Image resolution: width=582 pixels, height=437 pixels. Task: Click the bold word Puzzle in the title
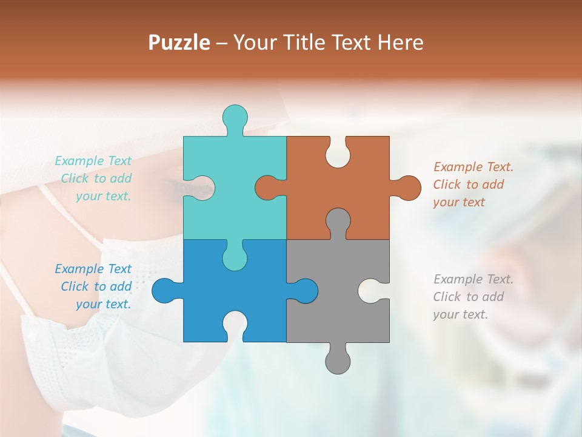point(179,42)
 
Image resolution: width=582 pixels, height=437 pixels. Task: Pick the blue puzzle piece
point(200,303)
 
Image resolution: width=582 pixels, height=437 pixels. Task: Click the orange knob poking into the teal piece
point(268,188)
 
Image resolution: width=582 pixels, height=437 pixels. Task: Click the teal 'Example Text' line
point(93,161)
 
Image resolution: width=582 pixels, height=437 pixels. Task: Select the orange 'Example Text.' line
point(473,167)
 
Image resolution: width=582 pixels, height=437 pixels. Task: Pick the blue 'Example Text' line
point(93,269)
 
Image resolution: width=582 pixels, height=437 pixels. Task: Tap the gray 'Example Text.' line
point(473,279)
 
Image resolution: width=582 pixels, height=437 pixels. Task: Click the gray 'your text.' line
point(460,314)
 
